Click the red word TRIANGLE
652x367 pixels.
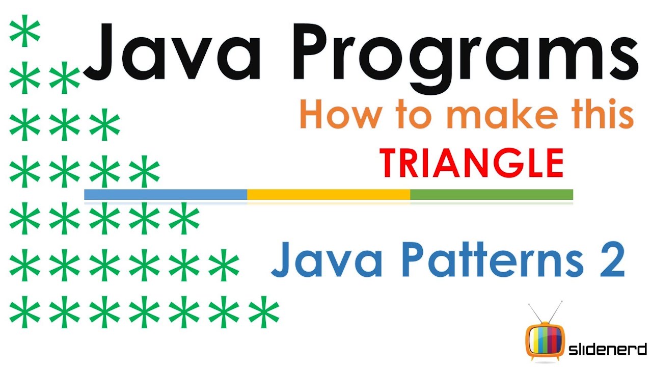point(471,163)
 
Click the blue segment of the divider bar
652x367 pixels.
point(166,194)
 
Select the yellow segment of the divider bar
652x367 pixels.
point(329,194)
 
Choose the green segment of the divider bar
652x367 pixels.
point(492,194)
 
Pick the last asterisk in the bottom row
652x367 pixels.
point(263,312)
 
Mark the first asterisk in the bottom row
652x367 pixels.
point(24,312)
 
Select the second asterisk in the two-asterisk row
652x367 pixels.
point(64,80)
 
